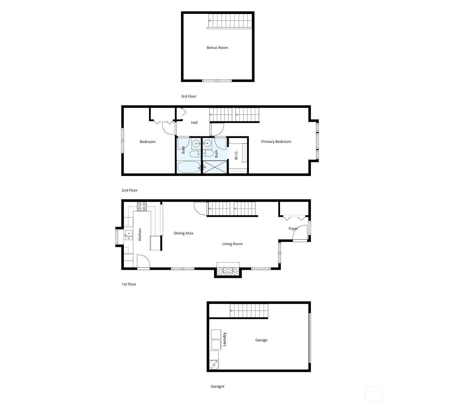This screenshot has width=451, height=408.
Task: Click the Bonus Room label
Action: click(x=217, y=48)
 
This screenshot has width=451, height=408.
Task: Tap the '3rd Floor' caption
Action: click(x=189, y=96)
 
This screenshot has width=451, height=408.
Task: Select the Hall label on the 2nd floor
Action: click(x=194, y=123)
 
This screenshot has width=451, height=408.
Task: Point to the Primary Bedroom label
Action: click(x=276, y=142)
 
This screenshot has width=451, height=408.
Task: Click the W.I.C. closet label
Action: click(x=236, y=155)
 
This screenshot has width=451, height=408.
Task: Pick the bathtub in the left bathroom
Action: click(x=189, y=167)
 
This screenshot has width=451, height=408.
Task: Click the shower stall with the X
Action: click(x=215, y=167)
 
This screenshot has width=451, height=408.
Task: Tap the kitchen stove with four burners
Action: click(x=142, y=206)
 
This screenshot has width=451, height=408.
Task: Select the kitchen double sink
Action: click(x=129, y=235)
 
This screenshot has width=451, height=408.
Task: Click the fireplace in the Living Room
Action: click(x=228, y=270)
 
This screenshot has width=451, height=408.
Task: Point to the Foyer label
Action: click(x=293, y=229)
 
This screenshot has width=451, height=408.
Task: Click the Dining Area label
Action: click(x=183, y=233)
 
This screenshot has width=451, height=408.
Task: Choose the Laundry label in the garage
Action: click(x=224, y=340)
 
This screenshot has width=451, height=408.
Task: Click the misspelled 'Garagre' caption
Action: click(x=217, y=386)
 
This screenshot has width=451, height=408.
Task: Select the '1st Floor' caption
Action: click(x=129, y=284)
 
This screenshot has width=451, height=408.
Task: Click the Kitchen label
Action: click(x=140, y=235)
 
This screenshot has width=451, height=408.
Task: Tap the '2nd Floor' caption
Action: click(x=129, y=190)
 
